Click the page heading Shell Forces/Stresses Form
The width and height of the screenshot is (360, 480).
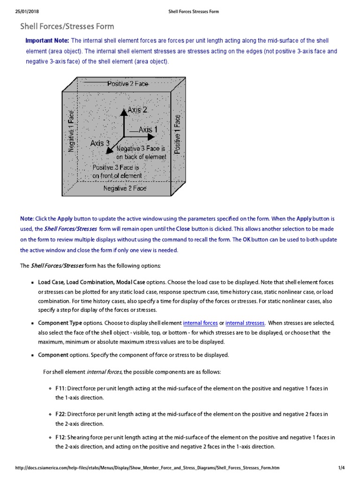(67, 27)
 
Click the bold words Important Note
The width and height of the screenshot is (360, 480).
(47, 41)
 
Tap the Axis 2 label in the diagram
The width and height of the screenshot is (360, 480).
(137, 110)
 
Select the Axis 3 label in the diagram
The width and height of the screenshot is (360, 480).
(100, 143)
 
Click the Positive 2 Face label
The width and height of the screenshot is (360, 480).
(127, 84)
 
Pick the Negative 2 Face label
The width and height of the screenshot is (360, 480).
(125, 188)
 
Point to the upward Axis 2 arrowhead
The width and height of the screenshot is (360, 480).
(124, 112)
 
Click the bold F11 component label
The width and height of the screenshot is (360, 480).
(60, 389)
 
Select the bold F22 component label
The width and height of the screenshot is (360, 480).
(60, 414)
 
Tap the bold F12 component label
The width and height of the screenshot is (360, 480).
(60, 437)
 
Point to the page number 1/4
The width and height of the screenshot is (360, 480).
(341, 468)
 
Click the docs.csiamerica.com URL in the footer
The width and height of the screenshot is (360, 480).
(150, 468)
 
